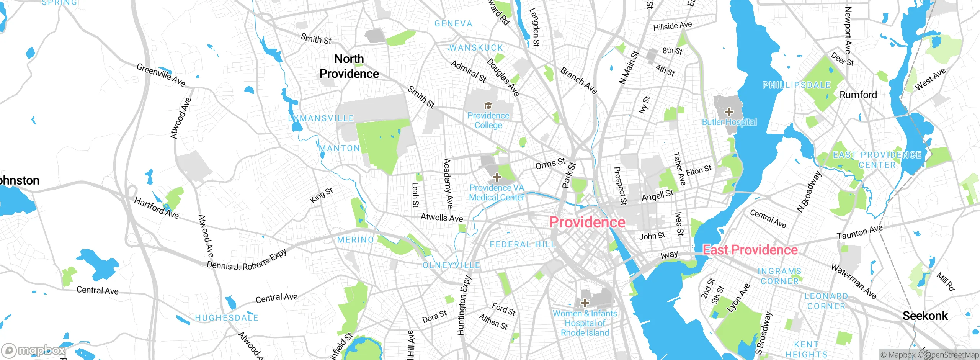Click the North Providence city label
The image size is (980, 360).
349,66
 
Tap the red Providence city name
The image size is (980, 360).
587,222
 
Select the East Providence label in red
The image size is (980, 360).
750,250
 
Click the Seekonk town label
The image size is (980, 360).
925,316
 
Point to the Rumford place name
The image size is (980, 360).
858,95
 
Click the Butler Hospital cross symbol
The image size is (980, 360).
729,112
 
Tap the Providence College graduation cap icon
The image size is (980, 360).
488,106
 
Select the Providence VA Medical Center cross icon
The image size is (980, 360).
497,177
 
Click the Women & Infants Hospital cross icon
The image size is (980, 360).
585,303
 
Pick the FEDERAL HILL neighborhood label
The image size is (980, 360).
523,244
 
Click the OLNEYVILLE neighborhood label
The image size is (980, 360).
451,265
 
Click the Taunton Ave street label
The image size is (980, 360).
859,232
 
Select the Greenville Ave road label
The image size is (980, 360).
161,75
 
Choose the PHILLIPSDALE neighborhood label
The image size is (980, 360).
796,85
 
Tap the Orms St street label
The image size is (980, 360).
550,164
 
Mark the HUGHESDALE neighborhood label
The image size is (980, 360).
227,318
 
